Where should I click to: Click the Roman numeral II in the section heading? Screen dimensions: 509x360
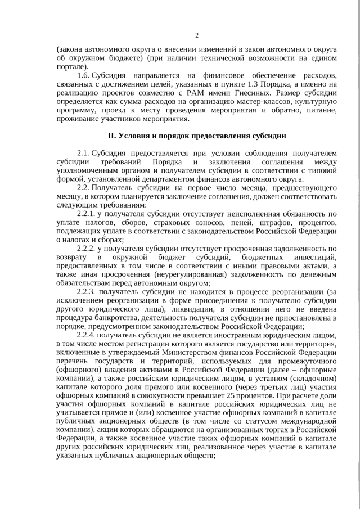tap(111, 136)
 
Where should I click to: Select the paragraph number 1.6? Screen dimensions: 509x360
tap(83, 75)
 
